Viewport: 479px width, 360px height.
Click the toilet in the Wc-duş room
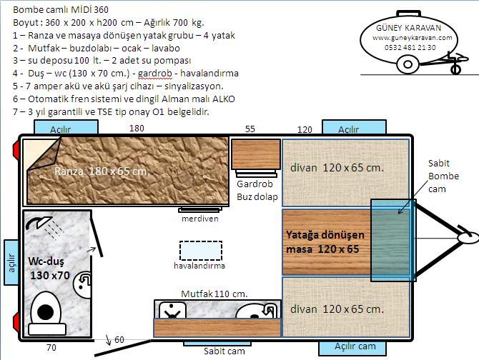(x=46, y=313)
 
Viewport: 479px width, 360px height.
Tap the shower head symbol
(x=39, y=223)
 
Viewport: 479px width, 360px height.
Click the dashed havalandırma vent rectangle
(x=201, y=251)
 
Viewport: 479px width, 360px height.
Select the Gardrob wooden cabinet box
(x=256, y=154)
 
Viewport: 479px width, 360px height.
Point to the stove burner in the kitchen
(x=172, y=311)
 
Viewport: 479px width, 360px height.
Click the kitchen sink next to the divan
(x=258, y=311)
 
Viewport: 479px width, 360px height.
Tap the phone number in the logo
(x=410, y=48)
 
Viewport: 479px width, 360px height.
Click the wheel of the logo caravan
(x=408, y=64)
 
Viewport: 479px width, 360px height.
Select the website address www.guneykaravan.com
(x=412, y=38)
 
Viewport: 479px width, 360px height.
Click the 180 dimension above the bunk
(x=137, y=129)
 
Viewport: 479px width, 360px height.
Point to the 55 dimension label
(x=250, y=129)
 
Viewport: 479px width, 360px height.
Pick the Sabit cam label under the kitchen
(x=224, y=351)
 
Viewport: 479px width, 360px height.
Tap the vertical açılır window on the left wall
(x=11, y=263)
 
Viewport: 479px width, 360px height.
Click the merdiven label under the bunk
(x=199, y=219)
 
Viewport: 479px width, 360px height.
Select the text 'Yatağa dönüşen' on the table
(x=325, y=235)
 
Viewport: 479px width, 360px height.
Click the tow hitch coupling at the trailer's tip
(x=467, y=237)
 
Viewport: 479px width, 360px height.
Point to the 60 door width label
(x=119, y=339)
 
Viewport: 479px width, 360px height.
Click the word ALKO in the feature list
(x=224, y=99)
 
